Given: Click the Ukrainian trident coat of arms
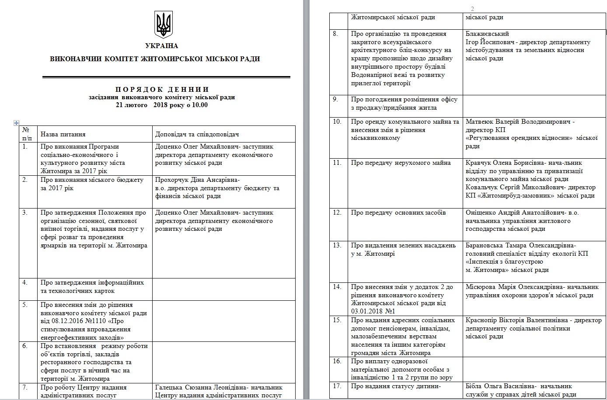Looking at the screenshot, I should pyautogui.click(x=164, y=25).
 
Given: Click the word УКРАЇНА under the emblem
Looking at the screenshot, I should pyautogui.click(x=161, y=46).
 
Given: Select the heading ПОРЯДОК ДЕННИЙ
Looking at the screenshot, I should pyautogui.click(x=162, y=90).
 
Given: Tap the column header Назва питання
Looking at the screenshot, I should pyautogui.click(x=63, y=134).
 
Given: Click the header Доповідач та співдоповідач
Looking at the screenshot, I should pyautogui.click(x=197, y=134).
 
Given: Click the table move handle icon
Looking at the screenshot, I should pyautogui.click(x=17, y=123).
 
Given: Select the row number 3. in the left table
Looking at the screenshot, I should pyautogui.click(x=25, y=212).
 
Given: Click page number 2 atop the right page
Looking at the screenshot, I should pyautogui.click(x=473, y=9).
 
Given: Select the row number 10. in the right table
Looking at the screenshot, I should pyautogui.click(x=337, y=122).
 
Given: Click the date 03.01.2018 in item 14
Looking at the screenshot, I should pyautogui.click(x=366, y=311).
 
